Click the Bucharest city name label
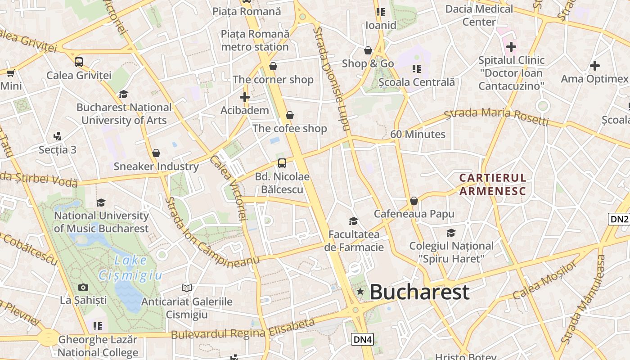point(419,292)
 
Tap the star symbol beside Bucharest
point(360,292)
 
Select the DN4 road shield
point(362,339)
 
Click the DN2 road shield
point(619,219)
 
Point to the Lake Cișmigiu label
point(130,267)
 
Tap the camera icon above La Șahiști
point(83,287)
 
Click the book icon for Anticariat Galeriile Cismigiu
point(187,288)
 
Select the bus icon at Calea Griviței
point(79,62)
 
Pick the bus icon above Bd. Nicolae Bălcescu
point(282,163)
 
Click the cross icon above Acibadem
point(244,97)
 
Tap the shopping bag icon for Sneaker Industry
point(156,153)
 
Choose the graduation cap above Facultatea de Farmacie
point(354,221)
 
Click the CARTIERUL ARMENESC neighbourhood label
point(492,184)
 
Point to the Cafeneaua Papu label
point(414,214)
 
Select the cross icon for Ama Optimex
point(594,66)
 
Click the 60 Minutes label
point(418,134)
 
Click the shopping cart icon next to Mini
point(10,73)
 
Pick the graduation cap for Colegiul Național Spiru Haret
point(451,233)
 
